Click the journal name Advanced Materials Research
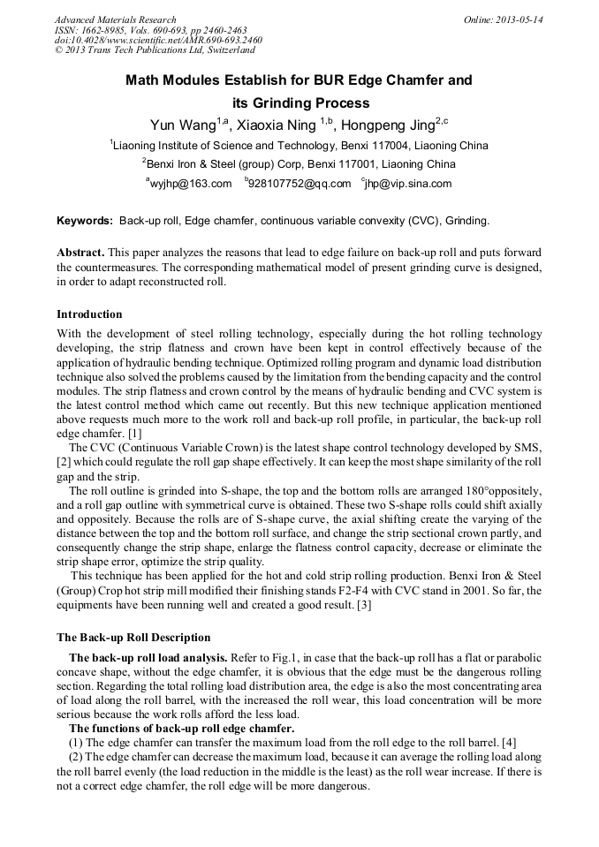tap(116, 19)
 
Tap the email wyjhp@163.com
tap(190, 184)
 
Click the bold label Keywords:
tap(85, 221)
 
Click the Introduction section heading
tap(89, 314)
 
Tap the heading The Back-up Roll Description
tap(133, 638)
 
